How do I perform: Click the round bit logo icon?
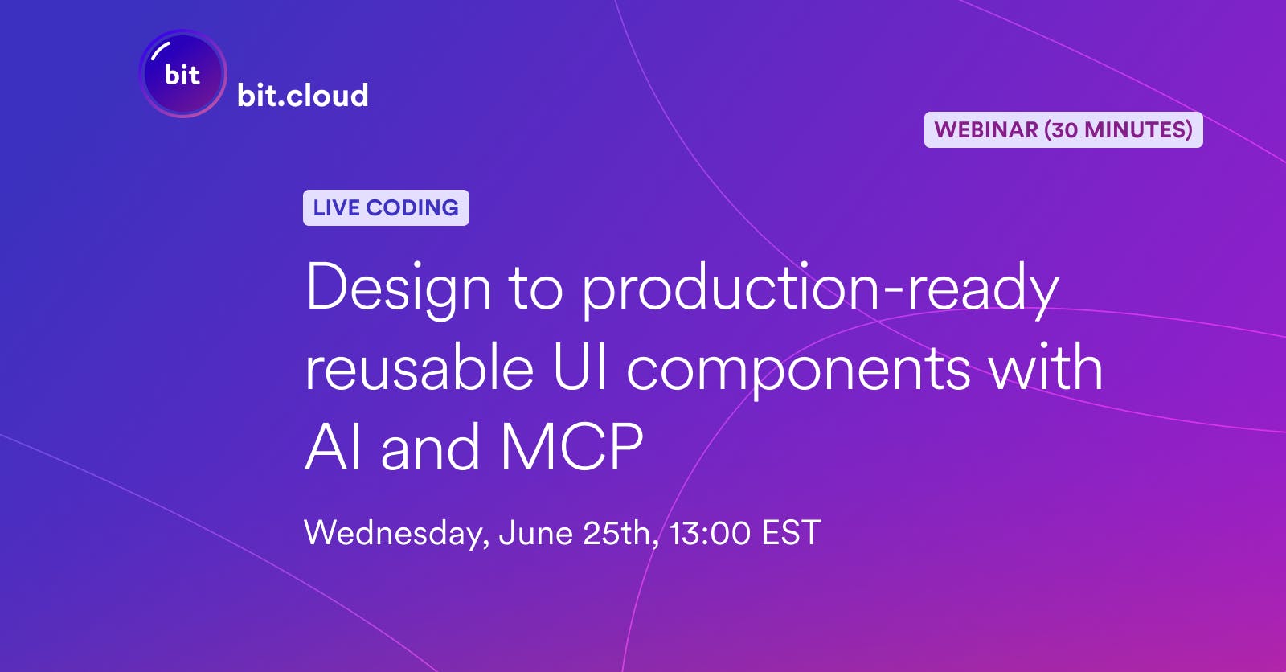tap(183, 73)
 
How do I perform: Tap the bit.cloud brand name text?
tap(302, 95)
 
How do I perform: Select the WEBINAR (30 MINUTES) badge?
tap(1063, 129)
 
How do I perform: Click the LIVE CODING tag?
tap(386, 207)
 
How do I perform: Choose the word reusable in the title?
tap(419, 367)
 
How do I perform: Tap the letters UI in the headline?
tap(580, 367)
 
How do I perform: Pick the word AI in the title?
tap(333, 447)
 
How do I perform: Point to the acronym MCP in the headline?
tap(571, 447)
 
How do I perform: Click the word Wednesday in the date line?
tap(397, 533)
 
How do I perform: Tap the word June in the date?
tap(536, 532)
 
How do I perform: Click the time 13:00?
tap(710, 532)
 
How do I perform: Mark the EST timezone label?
tap(791, 532)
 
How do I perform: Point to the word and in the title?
tap(431, 447)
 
